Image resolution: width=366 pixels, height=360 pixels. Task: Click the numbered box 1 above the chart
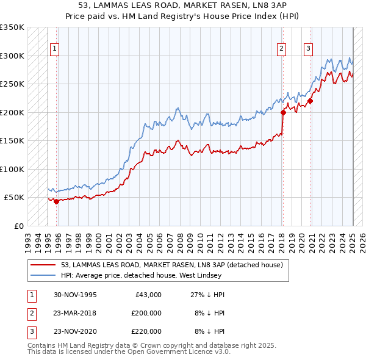55,49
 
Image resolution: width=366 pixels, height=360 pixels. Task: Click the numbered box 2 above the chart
282,49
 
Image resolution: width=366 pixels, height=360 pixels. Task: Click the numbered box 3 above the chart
309,49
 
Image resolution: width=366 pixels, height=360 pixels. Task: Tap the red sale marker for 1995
56,201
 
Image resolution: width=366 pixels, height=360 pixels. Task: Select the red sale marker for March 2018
283,112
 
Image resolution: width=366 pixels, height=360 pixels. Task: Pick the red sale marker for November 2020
310,101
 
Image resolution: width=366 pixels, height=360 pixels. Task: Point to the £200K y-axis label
12,112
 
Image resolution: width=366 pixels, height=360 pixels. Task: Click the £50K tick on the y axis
14,198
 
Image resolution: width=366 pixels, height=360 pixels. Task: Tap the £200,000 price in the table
146,313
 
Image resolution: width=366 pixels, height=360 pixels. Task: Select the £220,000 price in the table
146,331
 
